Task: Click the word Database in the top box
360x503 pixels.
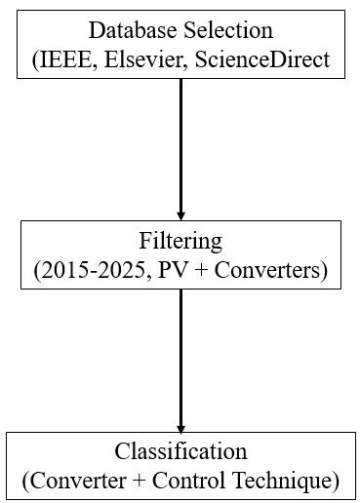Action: pos(133,30)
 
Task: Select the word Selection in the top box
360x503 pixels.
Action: pos(228,30)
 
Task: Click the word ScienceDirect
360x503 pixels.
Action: pos(262,60)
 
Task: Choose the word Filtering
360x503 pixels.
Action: pos(180,242)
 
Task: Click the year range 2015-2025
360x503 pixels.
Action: pos(93,271)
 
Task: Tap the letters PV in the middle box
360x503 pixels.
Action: pos(173,271)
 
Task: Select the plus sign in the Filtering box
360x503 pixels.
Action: pos(202,271)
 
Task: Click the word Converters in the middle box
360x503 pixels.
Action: pos(267,271)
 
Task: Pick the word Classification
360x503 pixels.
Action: pos(180,451)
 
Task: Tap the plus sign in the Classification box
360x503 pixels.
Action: pos(140,482)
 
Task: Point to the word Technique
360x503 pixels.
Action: pos(282,482)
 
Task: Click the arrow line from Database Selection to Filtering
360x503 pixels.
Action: pos(180,149)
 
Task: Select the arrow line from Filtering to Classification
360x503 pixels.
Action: pos(180,361)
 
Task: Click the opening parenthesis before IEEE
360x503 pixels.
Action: pos(35,61)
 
